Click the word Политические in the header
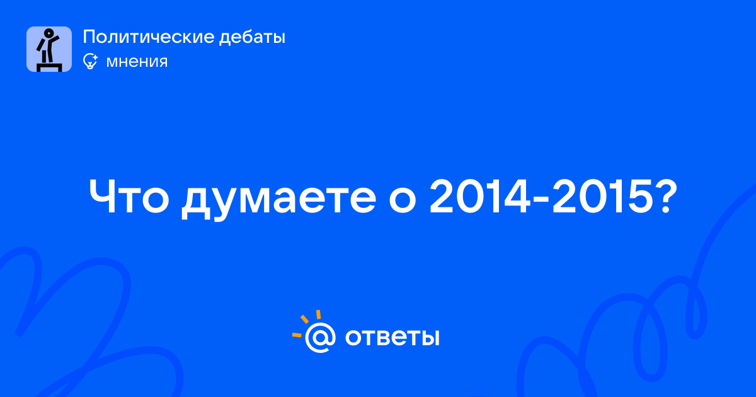point(149,37)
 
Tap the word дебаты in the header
point(252,38)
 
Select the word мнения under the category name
point(137,62)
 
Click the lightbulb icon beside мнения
point(90,62)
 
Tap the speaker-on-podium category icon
point(49,49)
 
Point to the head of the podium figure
point(49,33)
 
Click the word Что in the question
point(129,197)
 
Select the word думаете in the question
point(278,199)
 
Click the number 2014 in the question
point(479,197)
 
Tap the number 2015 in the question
point(602,197)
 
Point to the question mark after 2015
point(665,197)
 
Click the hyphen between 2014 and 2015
point(541,200)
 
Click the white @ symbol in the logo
point(320,337)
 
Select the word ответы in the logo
point(392,338)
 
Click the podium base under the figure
point(49,67)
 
